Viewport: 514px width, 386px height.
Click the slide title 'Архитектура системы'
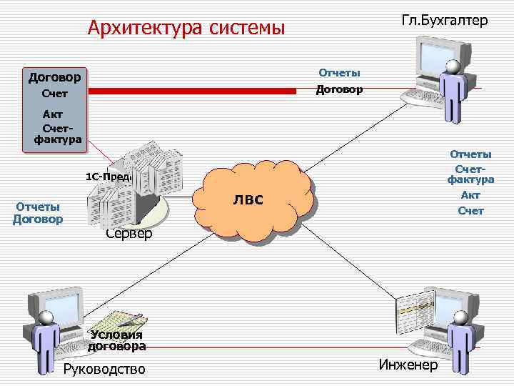pos(186,28)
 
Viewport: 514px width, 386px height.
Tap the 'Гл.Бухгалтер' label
pos(445,20)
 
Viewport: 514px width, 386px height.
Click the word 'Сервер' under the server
pos(128,234)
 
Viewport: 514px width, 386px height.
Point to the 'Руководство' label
pos(104,369)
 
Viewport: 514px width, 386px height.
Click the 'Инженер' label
pos(408,365)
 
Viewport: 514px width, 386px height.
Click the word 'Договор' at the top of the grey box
pos(54,76)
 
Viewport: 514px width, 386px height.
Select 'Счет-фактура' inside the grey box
pos(58,132)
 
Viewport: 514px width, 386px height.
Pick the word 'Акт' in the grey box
pos(53,114)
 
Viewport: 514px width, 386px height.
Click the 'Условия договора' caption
pos(117,340)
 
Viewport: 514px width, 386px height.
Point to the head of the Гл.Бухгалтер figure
pos(452,66)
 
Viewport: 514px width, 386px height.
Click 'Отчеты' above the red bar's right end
pos(339,72)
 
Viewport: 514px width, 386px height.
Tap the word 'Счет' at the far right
pos(470,211)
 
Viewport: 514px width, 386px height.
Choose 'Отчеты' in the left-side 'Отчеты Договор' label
pos(38,207)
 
